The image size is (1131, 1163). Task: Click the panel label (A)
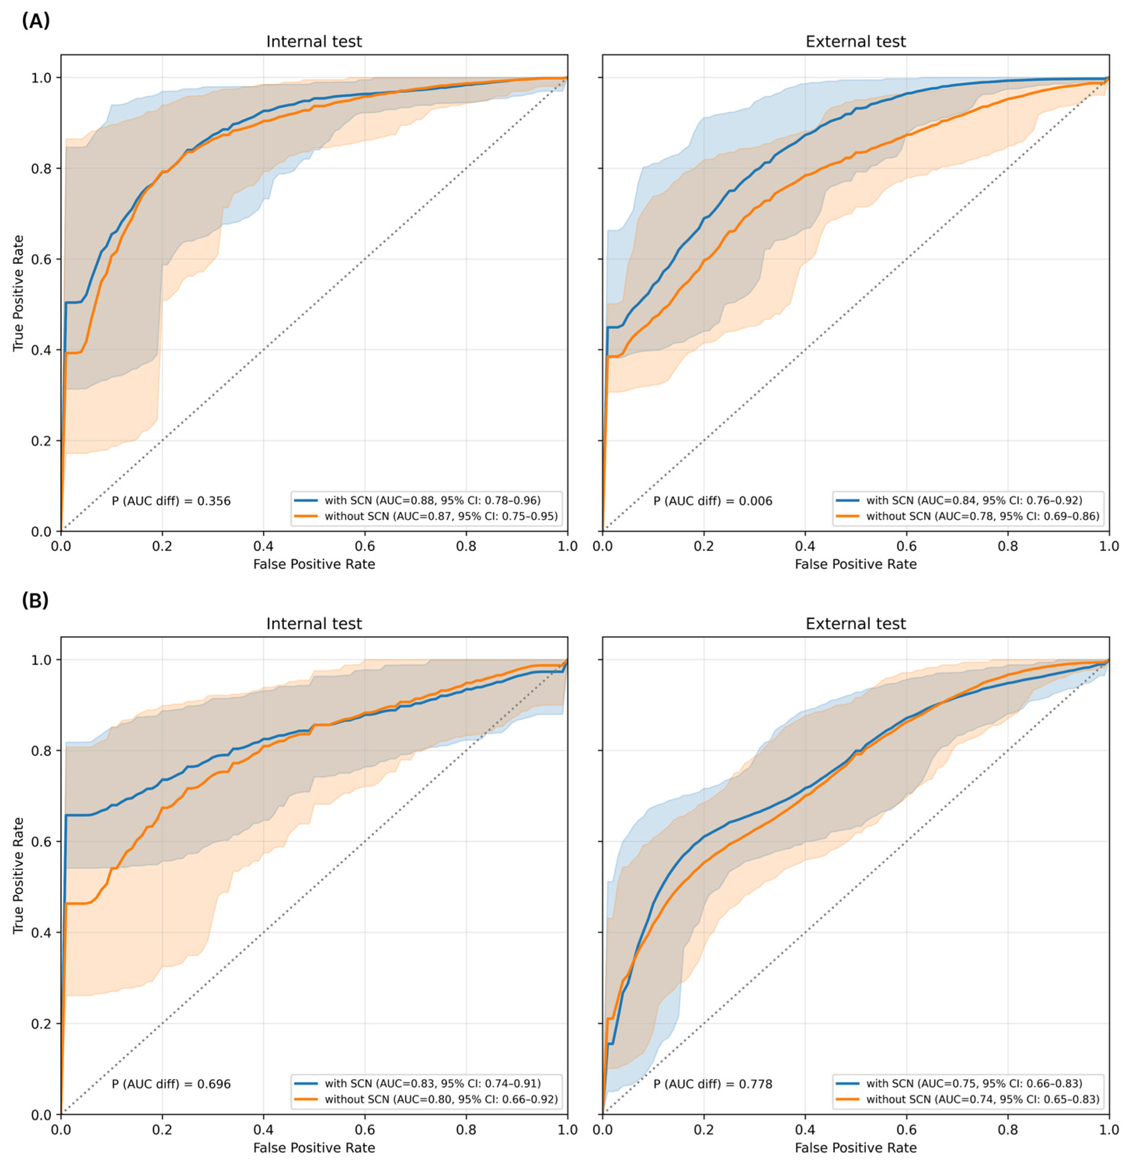[x=36, y=21]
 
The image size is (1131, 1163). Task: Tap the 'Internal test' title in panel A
[x=314, y=42]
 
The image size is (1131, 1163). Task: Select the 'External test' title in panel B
[x=855, y=623]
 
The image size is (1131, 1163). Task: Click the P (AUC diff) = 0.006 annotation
[x=713, y=501]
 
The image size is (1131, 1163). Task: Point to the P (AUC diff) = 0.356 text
[x=171, y=501]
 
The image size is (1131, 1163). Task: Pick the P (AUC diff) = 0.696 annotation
[x=171, y=1084]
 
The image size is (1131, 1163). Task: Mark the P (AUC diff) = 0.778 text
[x=713, y=1084]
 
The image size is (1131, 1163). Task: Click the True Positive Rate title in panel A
[x=18, y=293]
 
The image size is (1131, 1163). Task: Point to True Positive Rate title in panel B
[x=18, y=876]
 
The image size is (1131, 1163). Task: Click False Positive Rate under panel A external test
[x=855, y=564]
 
